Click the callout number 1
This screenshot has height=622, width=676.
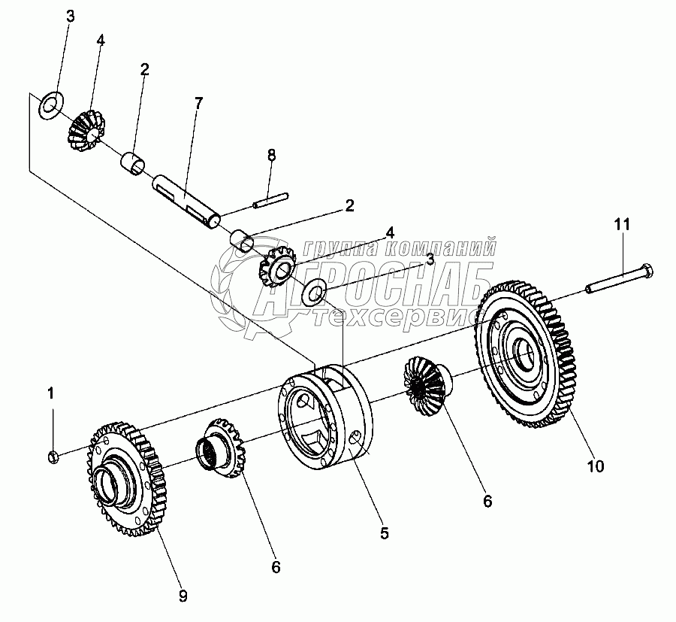(51, 393)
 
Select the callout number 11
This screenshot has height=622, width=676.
(623, 224)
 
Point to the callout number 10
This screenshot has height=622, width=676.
(594, 466)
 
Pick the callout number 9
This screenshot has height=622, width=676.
(183, 596)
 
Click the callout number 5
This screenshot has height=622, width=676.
(384, 533)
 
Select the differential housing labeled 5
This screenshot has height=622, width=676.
(323, 417)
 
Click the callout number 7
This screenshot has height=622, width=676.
(198, 103)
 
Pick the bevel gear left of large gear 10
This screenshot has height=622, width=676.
(423, 384)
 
